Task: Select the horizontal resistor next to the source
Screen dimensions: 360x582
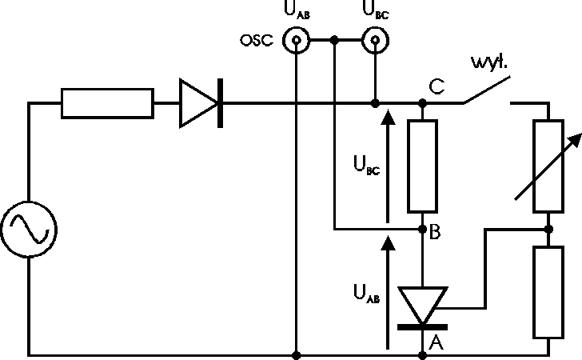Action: click(x=107, y=103)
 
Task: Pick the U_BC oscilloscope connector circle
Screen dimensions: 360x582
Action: click(x=373, y=40)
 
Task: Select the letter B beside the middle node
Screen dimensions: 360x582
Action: click(x=436, y=234)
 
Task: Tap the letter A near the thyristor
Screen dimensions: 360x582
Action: click(x=436, y=342)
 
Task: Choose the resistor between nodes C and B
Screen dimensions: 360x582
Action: click(x=423, y=166)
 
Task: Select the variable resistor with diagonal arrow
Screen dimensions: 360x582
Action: click(x=548, y=166)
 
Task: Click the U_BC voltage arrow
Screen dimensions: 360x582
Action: click(x=388, y=165)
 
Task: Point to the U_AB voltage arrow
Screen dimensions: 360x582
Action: click(x=388, y=292)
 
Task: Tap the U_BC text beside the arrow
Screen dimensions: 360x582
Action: click(x=364, y=166)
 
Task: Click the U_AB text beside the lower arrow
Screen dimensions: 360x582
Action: click(x=364, y=294)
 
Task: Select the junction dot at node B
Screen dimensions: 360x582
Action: click(x=423, y=229)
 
